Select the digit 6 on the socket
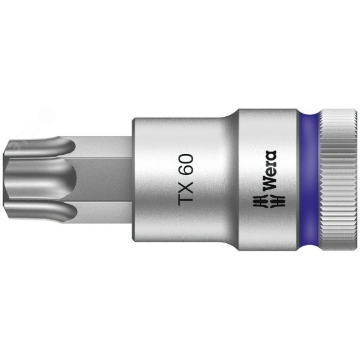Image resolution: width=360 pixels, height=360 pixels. point(186,167)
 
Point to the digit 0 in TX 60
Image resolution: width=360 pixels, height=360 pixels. point(186,157)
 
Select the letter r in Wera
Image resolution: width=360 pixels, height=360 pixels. point(270,164)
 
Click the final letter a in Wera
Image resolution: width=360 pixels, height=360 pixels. point(270,155)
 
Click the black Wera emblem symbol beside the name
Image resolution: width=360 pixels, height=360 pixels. point(268,201)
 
